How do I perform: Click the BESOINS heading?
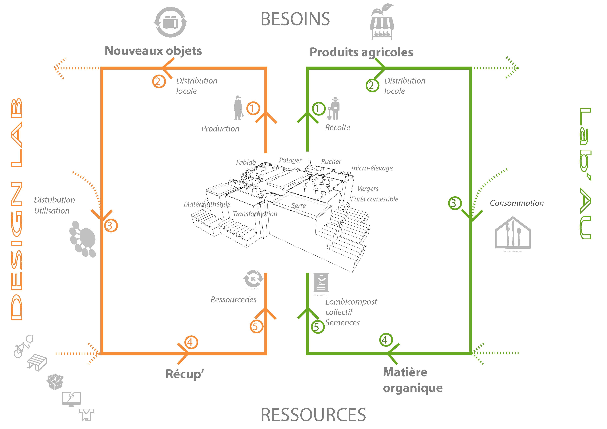click(x=295, y=19)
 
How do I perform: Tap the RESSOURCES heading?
click(x=313, y=415)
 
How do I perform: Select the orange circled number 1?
click(x=253, y=108)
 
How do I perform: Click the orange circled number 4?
click(x=191, y=342)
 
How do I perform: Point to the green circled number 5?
click(x=317, y=327)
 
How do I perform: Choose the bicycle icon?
click(x=23, y=346)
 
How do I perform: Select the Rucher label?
click(x=331, y=162)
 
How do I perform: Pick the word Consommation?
click(x=517, y=203)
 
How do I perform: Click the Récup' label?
click(x=185, y=374)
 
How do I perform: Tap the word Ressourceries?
click(x=233, y=299)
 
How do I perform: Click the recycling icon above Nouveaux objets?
click(x=171, y=22)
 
